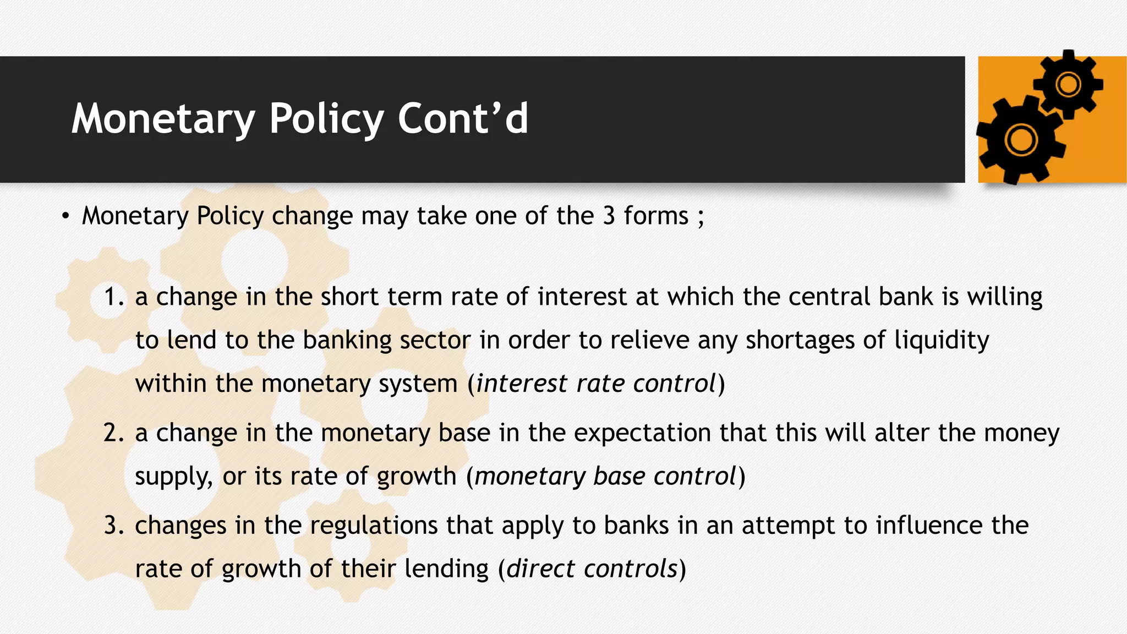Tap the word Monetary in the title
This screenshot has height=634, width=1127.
coord(163,119)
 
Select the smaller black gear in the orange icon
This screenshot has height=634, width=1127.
coord(1068,85)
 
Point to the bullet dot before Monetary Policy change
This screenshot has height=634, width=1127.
coord(65,216)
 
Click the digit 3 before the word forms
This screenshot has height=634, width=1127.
coord(609,216)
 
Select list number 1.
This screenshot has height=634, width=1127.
coord(114,297)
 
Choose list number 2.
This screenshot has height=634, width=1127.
coord(114,433)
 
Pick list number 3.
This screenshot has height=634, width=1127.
coord(114,526)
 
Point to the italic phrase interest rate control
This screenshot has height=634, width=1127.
coord(596,384)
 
